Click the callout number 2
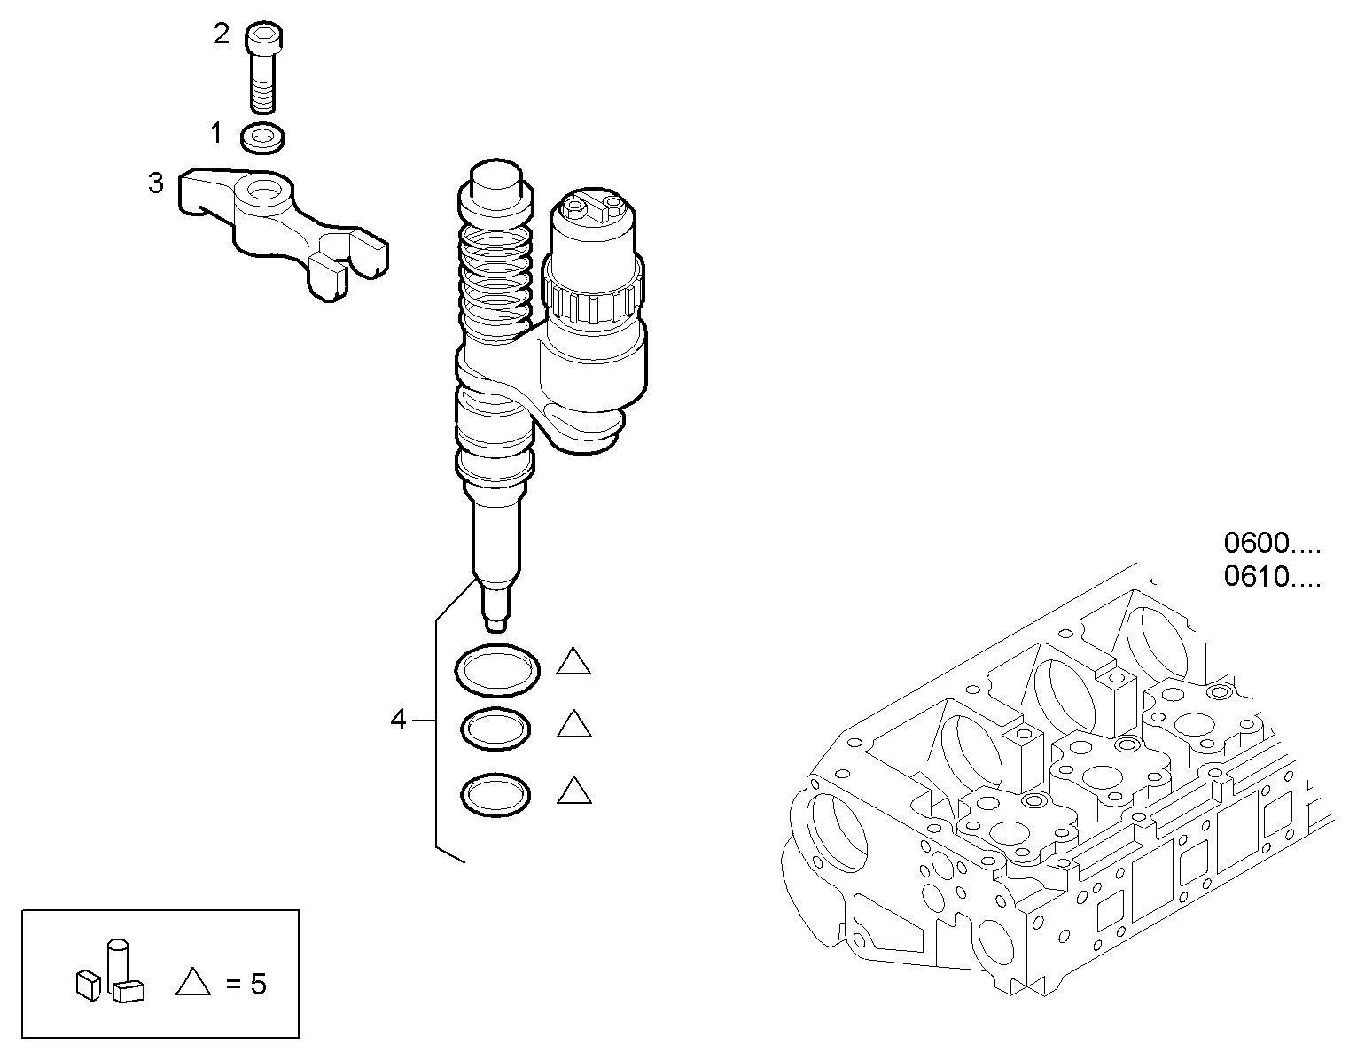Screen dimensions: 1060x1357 [x=222, y=35]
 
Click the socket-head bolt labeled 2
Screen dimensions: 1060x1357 [x=261, y=68]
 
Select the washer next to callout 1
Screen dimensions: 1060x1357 [x=262, y=137]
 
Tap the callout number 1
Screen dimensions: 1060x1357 [x=215, y=134]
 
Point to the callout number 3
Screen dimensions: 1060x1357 [x=156, y=183]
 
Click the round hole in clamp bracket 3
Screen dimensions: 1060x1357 [x=264, y=190]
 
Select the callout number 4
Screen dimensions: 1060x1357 [x=398, y=721]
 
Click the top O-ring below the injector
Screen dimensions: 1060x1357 [x=497, y=670]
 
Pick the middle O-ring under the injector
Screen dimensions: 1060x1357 [x=497, y=730]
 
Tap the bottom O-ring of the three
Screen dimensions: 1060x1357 [x=497, y=793]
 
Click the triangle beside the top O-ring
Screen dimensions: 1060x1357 [x=574, y=663]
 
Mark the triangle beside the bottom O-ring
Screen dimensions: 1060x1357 [x=574, y=791]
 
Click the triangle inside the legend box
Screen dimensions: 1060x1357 [x=193, y=981]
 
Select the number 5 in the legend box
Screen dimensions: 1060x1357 [x=258, y=985]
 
